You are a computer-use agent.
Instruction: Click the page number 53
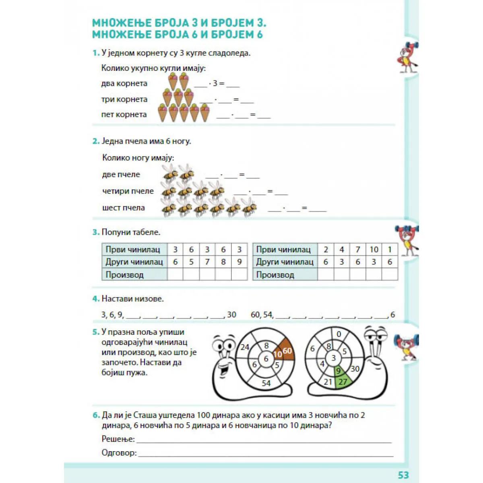[403, 475]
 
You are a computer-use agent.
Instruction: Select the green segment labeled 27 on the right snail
[343, 382]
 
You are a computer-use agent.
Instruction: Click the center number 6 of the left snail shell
[266, 359]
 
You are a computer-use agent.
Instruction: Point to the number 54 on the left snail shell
[266, 383]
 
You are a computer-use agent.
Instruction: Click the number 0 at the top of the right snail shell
[339, 334]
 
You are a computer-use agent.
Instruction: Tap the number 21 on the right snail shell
[328, 382]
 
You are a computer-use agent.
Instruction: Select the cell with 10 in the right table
[374, 250]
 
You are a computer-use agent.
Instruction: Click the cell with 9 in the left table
[239, 262]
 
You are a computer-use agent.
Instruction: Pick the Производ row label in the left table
[124, 275]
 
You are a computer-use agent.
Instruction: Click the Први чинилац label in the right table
[283, 250]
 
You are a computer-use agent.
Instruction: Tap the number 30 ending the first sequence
[231, 315]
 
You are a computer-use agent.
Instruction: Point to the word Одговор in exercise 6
[119, 452]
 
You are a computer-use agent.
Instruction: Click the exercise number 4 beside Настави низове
[95, 299]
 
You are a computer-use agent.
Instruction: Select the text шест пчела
[124, 208]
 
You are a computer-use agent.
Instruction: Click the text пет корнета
[124, 115]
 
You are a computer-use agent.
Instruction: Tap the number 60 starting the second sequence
[256, 315]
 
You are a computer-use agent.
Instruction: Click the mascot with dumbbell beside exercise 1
[407, 58]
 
